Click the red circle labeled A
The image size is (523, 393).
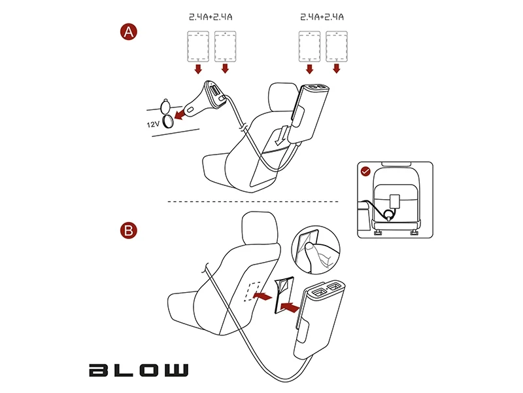(129, 32)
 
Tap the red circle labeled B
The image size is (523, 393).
(129, 231)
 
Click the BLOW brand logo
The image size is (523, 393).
(139, 370)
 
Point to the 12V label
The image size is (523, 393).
(153, 124)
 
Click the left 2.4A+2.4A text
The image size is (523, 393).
(211, 17)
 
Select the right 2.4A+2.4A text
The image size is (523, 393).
(322, 17)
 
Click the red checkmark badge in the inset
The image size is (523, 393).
(366, 172)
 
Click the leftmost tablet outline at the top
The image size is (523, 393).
(198, 47)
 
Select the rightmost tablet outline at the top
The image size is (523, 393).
(337, 47)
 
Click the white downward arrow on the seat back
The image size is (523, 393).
(281, 136)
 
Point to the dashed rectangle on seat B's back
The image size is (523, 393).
(252, 291)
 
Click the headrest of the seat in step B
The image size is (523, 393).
(260, 228)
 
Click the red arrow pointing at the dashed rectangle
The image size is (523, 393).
(263, 296)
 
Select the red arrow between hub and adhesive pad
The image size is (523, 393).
(290, 307)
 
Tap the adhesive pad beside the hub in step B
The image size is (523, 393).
(284, 295)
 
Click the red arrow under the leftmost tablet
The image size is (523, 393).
(198, 69)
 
